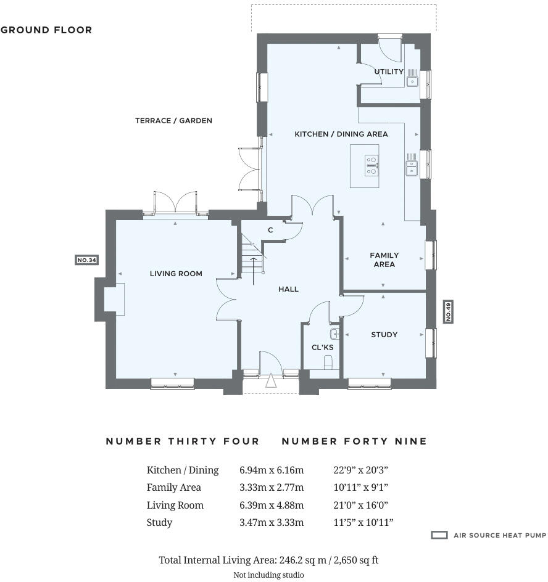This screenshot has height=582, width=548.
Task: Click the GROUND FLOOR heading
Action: tap(46, 30)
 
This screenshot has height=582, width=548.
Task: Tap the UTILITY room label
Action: tap(389, 72)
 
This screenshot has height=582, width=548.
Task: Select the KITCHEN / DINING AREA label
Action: tap(341, 134)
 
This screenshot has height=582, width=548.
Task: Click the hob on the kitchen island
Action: tap(372, 165)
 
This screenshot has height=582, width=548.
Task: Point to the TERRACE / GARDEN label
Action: tap(173, 121)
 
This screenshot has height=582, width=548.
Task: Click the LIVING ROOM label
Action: tap(176, 274)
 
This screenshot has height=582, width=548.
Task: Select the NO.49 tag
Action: tap(448, 311)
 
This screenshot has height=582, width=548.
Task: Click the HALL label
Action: tap(288, 289)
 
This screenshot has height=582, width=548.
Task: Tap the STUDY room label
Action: tap(384, 335)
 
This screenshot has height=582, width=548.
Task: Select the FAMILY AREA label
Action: tap(384, 260)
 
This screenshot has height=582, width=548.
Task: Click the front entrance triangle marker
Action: tap(271, 382)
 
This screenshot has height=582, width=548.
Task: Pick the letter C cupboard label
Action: tap(270, 230)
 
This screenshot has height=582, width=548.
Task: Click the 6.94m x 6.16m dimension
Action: tap(272, 470)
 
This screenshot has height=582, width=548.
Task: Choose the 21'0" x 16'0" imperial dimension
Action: tap(360, 505)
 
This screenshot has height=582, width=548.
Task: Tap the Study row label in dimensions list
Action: tap(159, 522)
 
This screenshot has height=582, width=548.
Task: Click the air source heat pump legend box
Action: tap(439, 535)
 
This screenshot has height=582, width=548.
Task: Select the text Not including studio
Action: tap(268, 575)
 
